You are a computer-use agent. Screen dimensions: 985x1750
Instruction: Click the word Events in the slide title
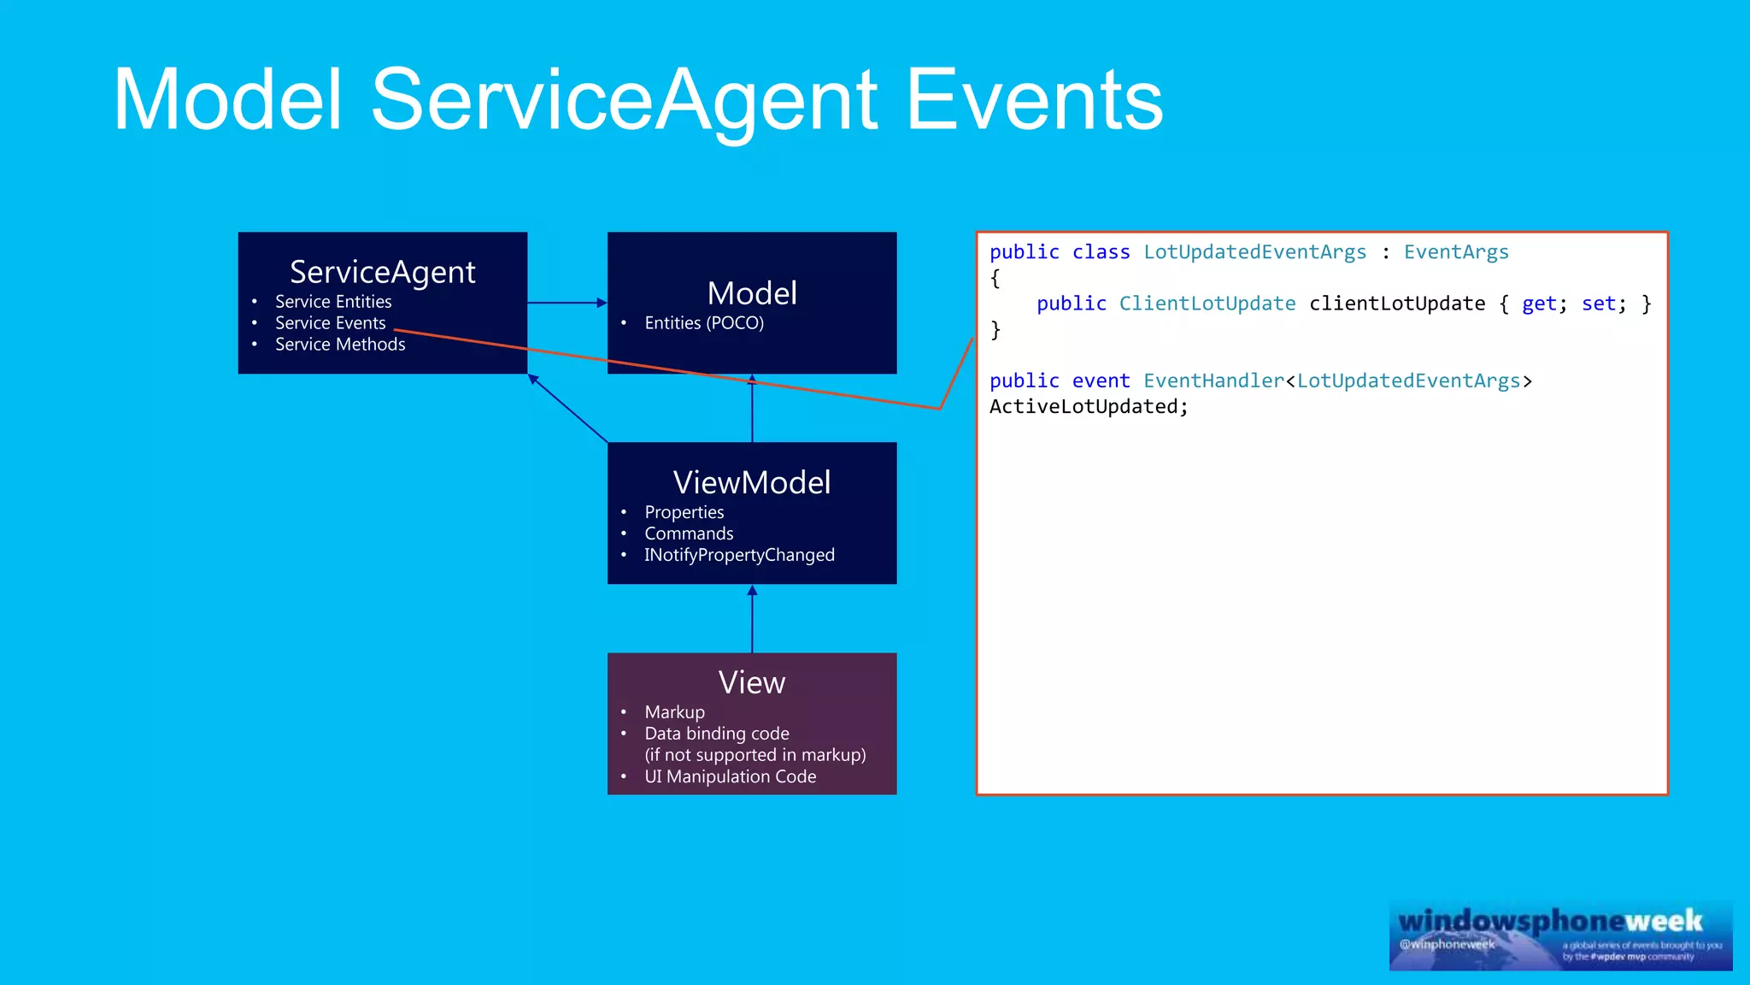(x=1034, y=101)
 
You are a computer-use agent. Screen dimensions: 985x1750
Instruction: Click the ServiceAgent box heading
(x=382, y=272)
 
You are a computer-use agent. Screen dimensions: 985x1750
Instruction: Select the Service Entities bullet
(x=333, y=302)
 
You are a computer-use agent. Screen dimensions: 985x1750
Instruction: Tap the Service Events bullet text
(x=330, y=323)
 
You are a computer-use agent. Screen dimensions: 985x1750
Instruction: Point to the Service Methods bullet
(x=340, y=345)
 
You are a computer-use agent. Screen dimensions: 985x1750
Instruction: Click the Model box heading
(x=752, y=293)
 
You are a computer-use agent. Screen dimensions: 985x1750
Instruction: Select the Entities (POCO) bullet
(x=704, y=323)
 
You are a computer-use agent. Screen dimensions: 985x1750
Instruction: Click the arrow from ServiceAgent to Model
(x=567, y=303)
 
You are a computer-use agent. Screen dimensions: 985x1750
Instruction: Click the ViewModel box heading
(x=752, y=482)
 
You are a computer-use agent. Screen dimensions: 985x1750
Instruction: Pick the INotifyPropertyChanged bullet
(x=739, y=555)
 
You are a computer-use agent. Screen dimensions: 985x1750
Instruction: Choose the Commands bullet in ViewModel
(x=689, y=534)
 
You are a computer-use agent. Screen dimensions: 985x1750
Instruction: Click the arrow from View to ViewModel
(x=752, y=619)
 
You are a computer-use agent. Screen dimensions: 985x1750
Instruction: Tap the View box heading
(x=752, y=682)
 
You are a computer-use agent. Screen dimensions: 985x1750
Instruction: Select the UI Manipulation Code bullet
(x=731, y=776)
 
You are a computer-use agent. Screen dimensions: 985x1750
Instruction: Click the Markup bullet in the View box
(x=675, y=712)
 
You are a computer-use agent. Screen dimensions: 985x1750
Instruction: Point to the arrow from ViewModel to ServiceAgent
(x=568, y=409)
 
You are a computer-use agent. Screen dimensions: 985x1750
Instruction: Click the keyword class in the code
(x=1101, y=252)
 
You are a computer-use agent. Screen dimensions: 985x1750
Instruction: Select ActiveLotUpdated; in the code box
(x=1089, y=407)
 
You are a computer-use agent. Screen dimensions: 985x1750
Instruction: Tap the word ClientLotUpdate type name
(x=1207, y=304)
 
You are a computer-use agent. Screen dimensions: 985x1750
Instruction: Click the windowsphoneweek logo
(x=1560, y=935)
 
